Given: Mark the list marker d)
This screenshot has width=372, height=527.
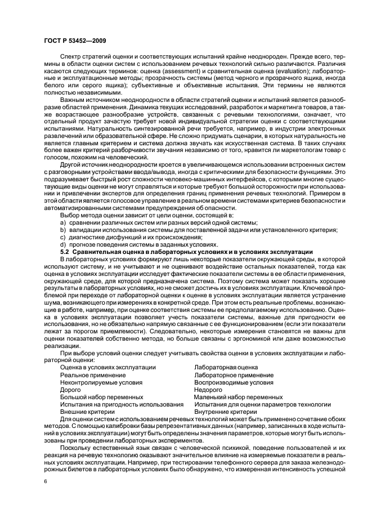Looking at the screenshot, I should (x=63, y=244).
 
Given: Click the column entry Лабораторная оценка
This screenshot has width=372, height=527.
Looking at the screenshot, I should (x=226, y=367).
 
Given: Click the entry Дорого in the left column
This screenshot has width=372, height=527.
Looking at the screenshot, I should (x=70, y=389).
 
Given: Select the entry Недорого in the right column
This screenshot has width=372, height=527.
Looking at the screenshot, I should (x=208, y=389).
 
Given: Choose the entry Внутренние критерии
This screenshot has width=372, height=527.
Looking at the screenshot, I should (x=225, y=412).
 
